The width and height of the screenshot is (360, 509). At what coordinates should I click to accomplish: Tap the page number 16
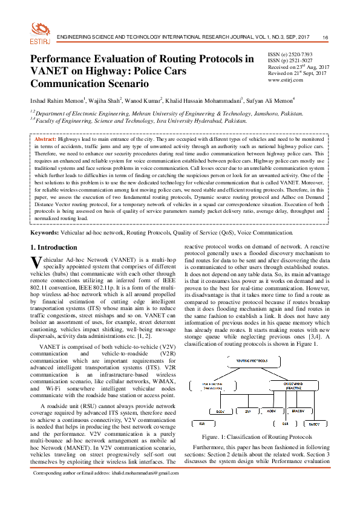point(325,38)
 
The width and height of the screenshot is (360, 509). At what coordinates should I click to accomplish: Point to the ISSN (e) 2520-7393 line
point(291,54)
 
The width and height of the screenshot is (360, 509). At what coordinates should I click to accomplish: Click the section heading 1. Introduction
point(56,247)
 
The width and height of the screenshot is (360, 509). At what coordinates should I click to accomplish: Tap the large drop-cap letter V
point(36,262)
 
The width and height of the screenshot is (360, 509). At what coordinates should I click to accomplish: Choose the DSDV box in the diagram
point(220,411)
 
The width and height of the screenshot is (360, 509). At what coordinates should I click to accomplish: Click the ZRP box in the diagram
point(247,411)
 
